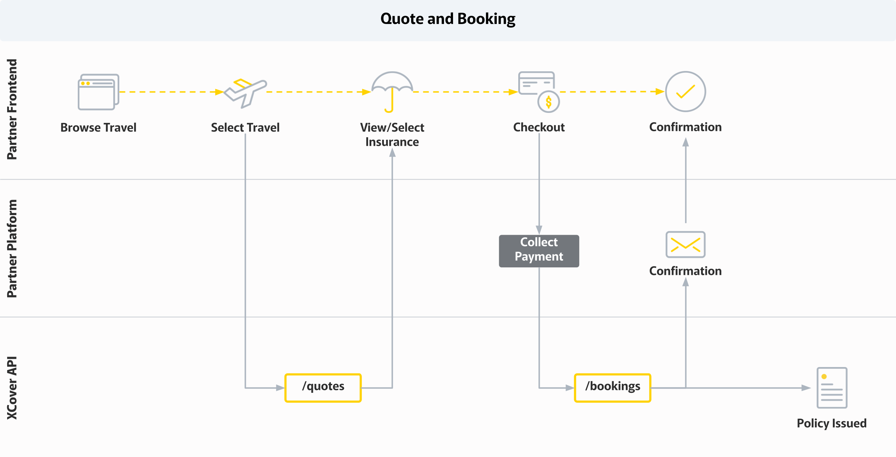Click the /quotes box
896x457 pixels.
pyautogui.click(x=323, y=388)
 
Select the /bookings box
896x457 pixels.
pyautogui.click(x=613, y=388)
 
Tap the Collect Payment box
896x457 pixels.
pyautogui.click(x=539, y=251)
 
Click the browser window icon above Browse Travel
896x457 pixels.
pyautogui.click(x=99, y=92)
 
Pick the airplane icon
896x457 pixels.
pyautogui.click(x=246, y=93)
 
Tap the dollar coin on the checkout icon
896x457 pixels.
pyautogui.click(x=548, y=102)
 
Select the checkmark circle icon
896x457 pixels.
pyautogui.click(x=686, y=92)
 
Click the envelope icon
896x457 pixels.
pyautogui.click(x=686, y=244)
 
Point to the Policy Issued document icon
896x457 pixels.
pyautogui.click(x=832, y=388)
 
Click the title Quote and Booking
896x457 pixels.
pyautogui.click(x=448, y=19)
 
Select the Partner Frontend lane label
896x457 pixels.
pyautogui.click(x=12, y=109)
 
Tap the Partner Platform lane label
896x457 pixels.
pyautogui.click(x=12, y=248)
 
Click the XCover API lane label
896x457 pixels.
pyautogui.click(x=12, y=388)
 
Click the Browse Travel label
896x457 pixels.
pyautogui.click(x=99, y=128)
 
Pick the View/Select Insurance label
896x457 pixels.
pyautogui.click(x=392, y=135)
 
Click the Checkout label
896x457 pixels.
pyautogui.click(x=539, y=127)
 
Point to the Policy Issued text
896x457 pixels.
pyautogui.click(x=832, y=423)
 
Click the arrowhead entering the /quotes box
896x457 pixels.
pyautogui.click(x=281, y=388)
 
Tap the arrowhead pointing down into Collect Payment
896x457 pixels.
pyautogui.click(x=539, y=230)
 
